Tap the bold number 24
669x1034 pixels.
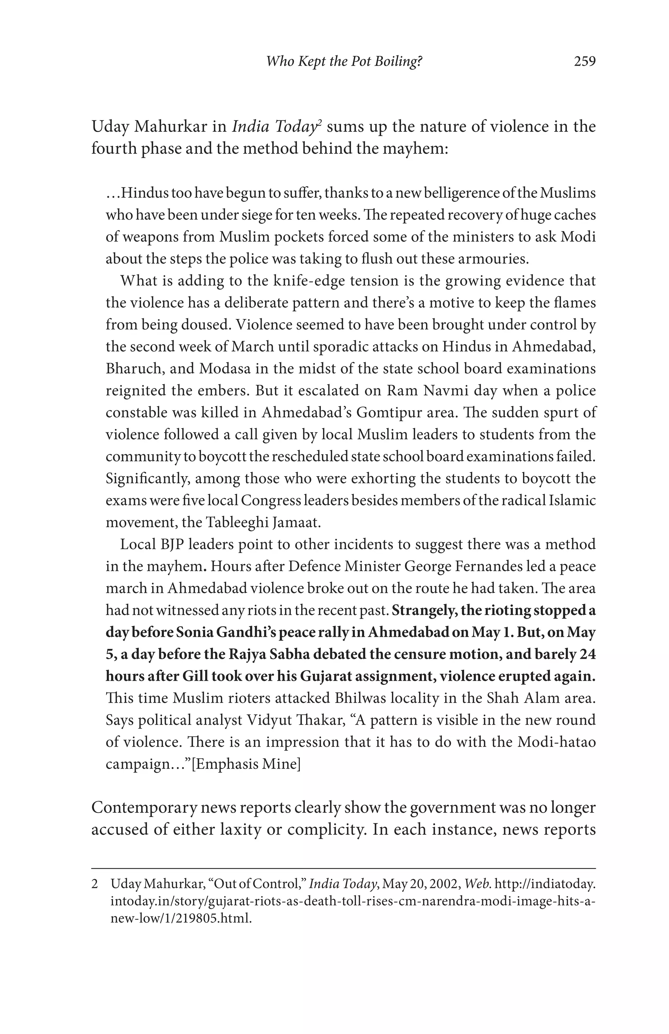tap(587, 655)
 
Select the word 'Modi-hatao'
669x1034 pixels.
tap(557, 742)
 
